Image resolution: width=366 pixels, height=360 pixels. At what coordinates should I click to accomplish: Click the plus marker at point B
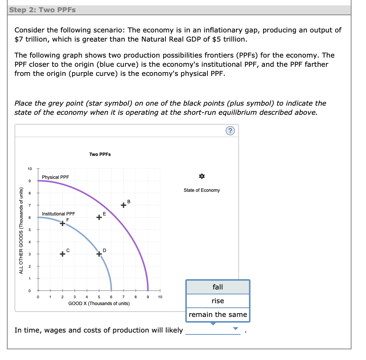123,205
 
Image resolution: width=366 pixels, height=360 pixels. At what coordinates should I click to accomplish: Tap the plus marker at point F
63,223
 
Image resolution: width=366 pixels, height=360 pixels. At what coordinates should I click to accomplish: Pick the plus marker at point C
63,254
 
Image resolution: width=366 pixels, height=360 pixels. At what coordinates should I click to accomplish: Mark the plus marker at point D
99,254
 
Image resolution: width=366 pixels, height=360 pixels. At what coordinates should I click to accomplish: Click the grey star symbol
201,176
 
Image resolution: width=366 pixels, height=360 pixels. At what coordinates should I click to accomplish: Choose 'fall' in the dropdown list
218,287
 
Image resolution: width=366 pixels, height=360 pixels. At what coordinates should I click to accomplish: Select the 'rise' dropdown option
218,301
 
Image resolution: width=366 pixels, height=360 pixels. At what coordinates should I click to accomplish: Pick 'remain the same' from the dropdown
218,315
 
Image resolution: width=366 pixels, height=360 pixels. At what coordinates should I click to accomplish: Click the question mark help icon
230,131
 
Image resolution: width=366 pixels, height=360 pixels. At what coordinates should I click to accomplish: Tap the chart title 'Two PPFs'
100,154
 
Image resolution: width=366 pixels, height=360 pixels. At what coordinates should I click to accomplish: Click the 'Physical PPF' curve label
56,177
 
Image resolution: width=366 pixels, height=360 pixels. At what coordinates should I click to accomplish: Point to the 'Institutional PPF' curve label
58,214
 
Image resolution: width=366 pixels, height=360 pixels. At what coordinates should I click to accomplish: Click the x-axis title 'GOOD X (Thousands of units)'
99,304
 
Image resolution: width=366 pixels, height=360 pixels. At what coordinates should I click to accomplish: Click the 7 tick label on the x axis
124,297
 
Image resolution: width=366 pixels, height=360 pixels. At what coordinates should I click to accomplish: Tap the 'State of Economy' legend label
201,190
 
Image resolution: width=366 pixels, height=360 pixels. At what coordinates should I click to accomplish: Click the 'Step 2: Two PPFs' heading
42,10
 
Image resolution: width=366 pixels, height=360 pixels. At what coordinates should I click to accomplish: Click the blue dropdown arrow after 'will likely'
236,329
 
